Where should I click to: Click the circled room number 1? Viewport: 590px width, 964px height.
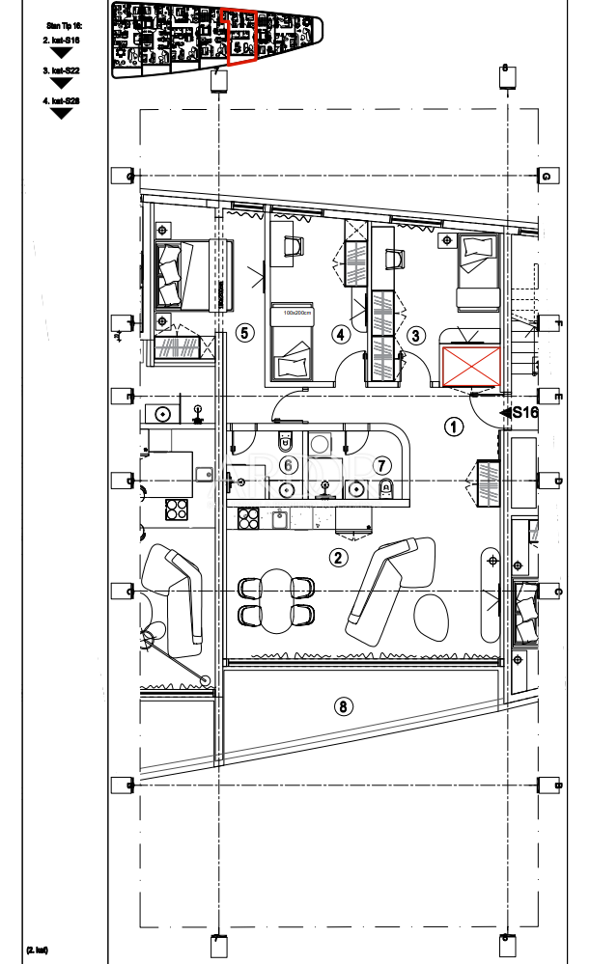coord(454,425)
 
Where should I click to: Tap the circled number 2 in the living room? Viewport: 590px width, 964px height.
coord(338,557)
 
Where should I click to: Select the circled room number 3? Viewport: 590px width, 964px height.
coord(416,336)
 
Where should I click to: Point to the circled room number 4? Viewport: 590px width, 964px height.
coord(340,335)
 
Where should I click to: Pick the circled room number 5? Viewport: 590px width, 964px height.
coord(244,333)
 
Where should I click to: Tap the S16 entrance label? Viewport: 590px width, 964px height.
coord(523,412)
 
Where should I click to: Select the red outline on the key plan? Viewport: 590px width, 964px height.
coord(239,37)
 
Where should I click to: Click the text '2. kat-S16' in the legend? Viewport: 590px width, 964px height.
coord(62,41)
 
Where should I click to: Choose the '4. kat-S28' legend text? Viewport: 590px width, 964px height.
coord(62,100)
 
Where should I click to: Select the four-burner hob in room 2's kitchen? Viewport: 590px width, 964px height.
coord(249,517)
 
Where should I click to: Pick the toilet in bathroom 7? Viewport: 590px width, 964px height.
coord(385,486)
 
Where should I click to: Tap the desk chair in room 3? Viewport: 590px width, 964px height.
coord(393,259)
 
